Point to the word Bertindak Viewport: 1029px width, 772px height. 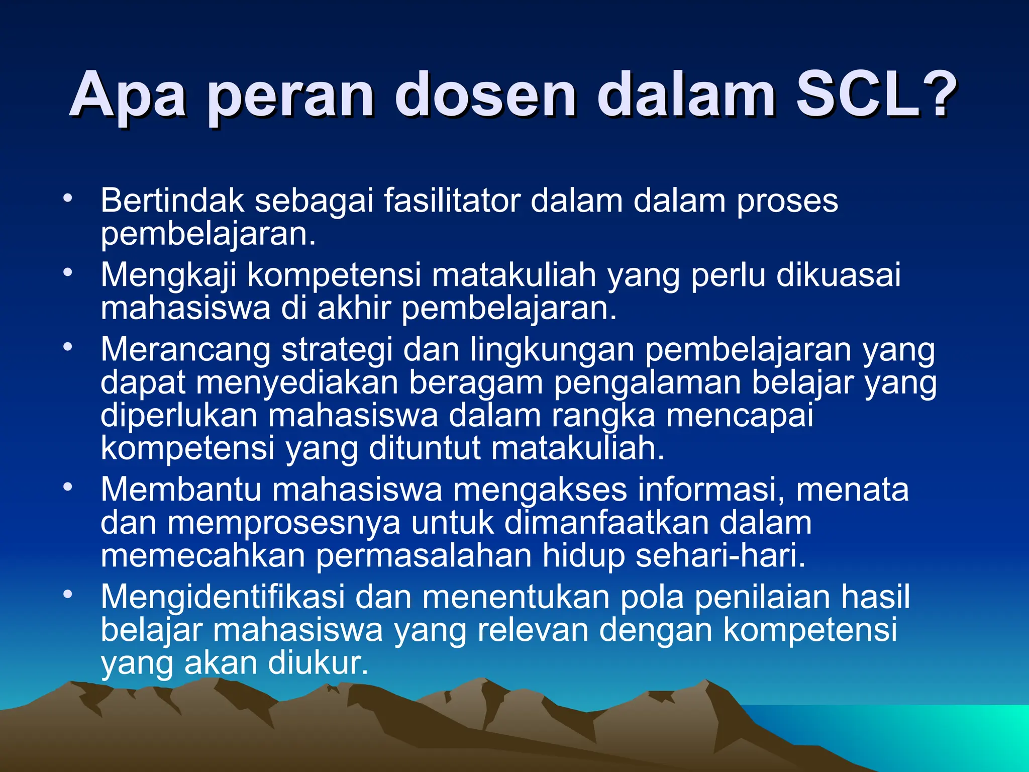coord(172,201)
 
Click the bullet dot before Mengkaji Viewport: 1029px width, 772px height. coord(68,273)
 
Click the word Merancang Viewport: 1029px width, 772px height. coord(185,350)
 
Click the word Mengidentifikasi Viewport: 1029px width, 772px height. coord(223,597)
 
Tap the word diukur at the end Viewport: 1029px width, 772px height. coord(318,663)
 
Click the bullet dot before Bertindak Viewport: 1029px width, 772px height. coord(68,198)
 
